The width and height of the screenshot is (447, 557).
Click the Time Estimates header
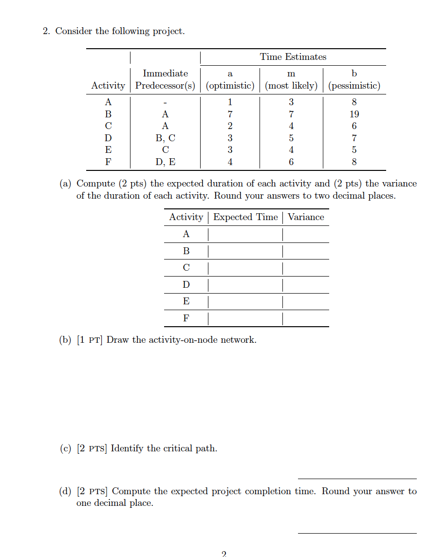[293, 57]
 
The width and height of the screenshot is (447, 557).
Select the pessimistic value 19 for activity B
[354, 114]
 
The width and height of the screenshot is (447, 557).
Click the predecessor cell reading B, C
[165, 138]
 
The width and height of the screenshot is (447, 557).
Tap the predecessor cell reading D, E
[165, 162]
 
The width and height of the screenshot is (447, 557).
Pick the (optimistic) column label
[230, 86]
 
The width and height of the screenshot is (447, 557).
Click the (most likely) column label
[291, 86]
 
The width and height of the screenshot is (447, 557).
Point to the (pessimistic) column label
[354, 86]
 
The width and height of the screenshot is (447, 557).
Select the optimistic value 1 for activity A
[230, 102]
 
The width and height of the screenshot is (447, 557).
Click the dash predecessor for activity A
[165, 102]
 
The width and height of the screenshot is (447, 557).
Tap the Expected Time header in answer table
[245, 217]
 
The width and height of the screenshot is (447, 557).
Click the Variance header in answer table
[306, 217]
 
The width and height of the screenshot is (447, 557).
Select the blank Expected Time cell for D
[245, 284]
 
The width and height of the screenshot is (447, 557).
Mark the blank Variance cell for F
[306, 318]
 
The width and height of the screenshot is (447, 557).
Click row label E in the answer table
[186, 301]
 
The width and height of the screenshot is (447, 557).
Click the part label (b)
[65, 340]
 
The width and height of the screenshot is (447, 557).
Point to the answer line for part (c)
[357, 478]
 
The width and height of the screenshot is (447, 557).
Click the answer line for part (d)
[357, 533]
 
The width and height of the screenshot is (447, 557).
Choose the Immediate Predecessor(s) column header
[165, 79]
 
